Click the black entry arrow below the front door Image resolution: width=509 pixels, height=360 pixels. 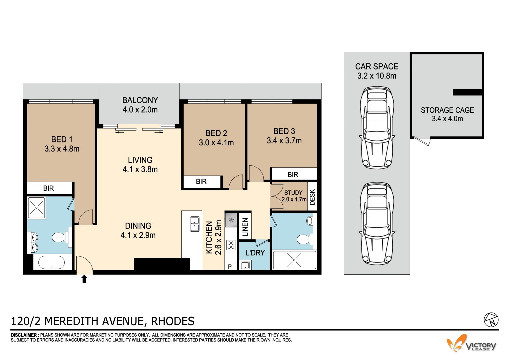pyautogui.click(x=84, y=279)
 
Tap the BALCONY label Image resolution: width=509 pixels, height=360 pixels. pyautogui.click(x=140, y=100)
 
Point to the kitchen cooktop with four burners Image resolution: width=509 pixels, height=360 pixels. pyautogui.click(x=231, y=245)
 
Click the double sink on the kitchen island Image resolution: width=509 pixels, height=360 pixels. pyautogui.click(x=195, y=224)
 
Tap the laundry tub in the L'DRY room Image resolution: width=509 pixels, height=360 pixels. pyautogui.click(x=245, y=265)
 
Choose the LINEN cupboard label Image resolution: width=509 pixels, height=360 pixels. pyautogui.click(x=245, y=227)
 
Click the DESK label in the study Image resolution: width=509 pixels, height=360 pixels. pyautogui.click(x=312, y=197)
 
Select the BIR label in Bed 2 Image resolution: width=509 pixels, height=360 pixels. pyautogui.click(x=201, y=182)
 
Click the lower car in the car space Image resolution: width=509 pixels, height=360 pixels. pyautogui.click(x=377, y=223)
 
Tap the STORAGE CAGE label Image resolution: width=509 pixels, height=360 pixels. pyautogui.click(x=447, y=110)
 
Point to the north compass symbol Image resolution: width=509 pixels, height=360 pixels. pyautogui.click(x=491, y=320)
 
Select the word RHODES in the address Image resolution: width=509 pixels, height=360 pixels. pyautogui.click(x=173, y=321)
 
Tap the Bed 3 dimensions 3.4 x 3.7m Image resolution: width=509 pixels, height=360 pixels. pyautogui.click(x=284, y=141)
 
